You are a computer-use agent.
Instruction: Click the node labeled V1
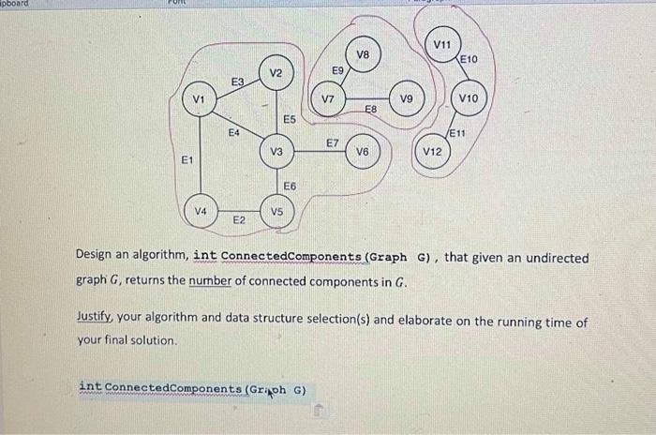coord(198,99)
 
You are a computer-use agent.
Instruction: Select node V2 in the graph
coord(276,72)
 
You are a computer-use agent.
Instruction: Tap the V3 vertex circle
coord(276,151)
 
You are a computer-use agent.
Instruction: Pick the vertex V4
coord(201,210)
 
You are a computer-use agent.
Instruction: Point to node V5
coord(276,211)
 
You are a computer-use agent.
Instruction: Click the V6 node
coord(362,151)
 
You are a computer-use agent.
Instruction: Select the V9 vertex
coord(406,97)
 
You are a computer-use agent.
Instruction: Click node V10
coord(470,97)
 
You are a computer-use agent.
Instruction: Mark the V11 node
coord(441,44)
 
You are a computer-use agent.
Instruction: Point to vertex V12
coord(431,151)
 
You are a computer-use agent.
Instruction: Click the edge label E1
coord(187,160)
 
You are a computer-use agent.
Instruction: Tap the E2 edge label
coord(239,219)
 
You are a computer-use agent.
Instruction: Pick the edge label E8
coord(370,111)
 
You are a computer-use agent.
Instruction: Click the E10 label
coord(470,59)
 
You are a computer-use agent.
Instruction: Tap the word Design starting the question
coord(96,258)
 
